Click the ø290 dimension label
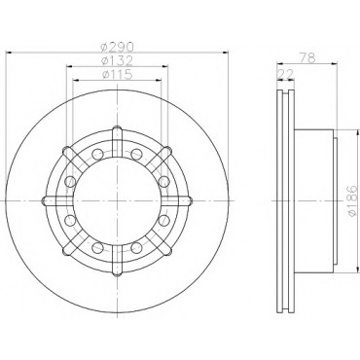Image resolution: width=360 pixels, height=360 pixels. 117,48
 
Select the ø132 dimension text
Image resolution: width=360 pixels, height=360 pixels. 117,61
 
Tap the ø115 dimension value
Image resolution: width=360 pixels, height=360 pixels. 117,75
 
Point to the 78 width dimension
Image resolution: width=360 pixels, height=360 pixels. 307,58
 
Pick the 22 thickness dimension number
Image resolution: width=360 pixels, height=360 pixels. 286,74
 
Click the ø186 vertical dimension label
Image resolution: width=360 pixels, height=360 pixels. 352,201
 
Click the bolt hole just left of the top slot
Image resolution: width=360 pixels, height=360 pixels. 97,154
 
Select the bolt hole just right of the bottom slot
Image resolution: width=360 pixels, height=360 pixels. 136,248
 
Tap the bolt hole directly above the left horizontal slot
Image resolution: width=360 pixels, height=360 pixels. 70,182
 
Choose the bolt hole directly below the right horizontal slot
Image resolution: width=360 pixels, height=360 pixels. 164,220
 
